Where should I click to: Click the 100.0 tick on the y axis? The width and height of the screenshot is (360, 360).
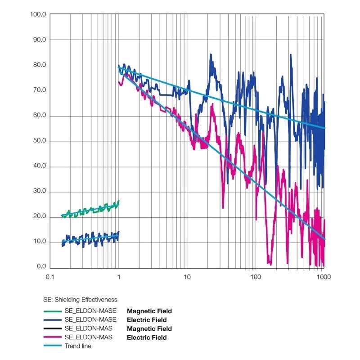click(x=37, y=14)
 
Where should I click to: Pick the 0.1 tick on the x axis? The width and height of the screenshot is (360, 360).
click(x=50, y=277)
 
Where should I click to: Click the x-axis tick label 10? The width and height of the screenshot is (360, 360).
click(x=187, y=277)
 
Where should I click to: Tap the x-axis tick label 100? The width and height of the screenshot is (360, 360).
click(x=255, y=277)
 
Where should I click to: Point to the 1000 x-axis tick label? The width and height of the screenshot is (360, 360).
click(x=324, y=277)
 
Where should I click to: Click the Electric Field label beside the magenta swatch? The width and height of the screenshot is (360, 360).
click(x=147, y=337)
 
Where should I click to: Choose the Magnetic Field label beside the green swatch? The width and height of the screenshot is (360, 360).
click(x=149, y=311)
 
